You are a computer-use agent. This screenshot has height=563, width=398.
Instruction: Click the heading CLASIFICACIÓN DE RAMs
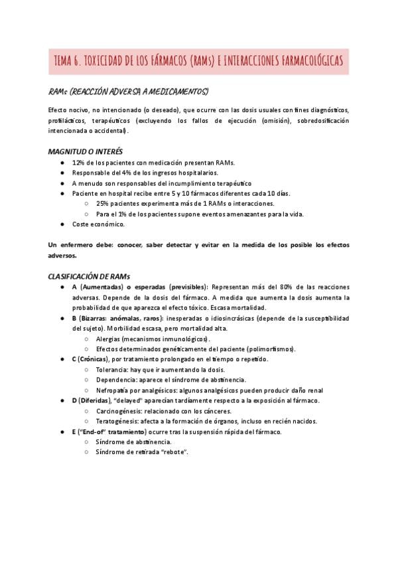click(90, 276)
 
